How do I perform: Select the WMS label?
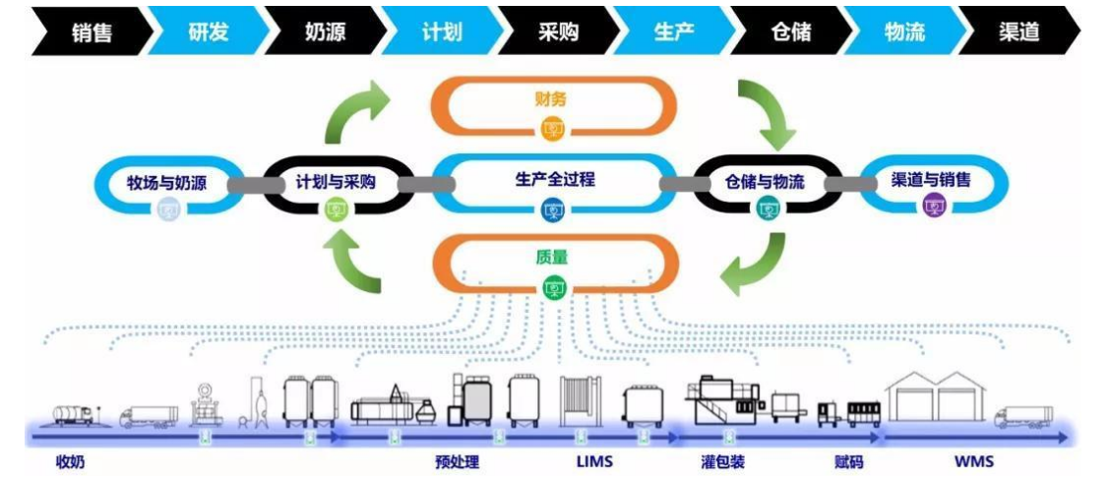tap(973, 459)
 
